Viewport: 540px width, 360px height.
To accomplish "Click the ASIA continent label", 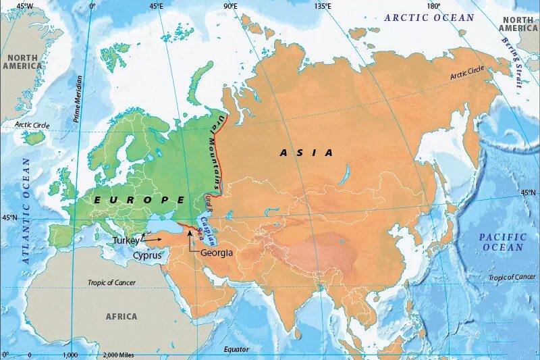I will tap(306, 153).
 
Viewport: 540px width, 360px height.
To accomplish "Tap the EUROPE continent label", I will tap(140, 200).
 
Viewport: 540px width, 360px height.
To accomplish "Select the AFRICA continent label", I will tap(122, 316).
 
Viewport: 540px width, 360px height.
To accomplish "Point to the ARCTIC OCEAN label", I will tap(429, 18).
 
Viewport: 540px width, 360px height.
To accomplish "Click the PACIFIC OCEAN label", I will tap(502, 242).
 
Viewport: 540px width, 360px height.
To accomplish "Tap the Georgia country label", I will tap(217, 253).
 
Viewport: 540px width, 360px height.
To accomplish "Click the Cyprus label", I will tap(147, 256).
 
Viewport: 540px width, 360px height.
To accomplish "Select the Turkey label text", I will tap(126, 240).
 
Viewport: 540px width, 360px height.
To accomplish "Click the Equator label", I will tap(236, 349).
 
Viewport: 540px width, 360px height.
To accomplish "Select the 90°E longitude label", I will tap(231, 6).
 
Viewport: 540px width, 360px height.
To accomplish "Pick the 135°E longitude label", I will tap(323, 6).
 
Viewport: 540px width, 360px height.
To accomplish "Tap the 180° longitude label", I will tap(433, 6).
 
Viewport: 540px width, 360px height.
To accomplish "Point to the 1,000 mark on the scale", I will tap(71, 355).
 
